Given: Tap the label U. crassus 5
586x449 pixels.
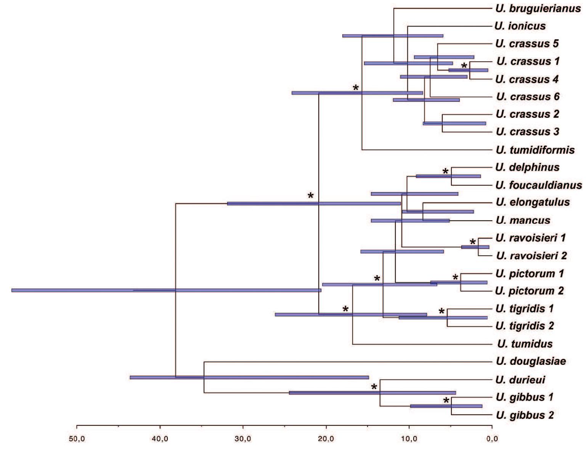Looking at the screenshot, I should pos(527,43).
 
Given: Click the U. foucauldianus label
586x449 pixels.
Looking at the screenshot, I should pos(539,185).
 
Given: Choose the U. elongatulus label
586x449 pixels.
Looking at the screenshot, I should pos(533,202).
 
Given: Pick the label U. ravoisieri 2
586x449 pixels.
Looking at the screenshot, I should pos(531,255).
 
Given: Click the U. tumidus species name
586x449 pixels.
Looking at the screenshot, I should pos(525,344).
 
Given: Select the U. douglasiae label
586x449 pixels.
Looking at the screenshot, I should pos(531,361).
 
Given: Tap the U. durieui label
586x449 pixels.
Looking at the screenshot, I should pos(520,380).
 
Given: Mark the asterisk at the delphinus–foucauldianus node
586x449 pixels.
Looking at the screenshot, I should pos(446,172).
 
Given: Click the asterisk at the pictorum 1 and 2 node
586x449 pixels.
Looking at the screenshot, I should pos(455,278).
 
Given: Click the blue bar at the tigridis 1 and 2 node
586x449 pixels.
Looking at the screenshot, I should pos(443,318).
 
